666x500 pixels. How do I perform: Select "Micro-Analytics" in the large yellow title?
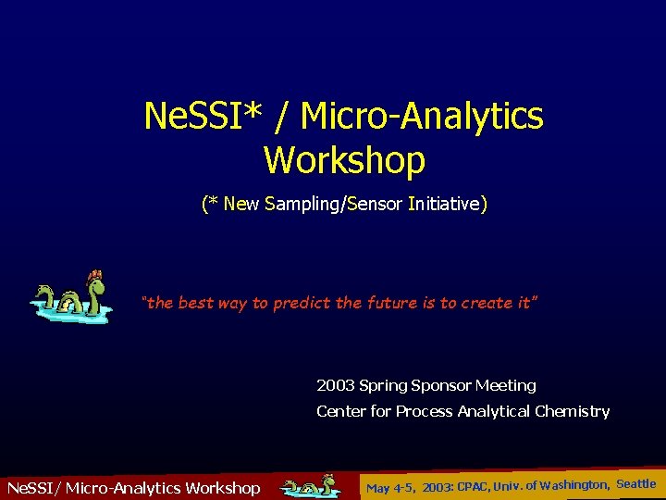pos(423,118)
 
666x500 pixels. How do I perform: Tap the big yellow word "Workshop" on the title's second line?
pos(344,160)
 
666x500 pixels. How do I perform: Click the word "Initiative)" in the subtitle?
pos(447,204)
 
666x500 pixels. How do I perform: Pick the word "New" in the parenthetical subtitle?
pos(241,204)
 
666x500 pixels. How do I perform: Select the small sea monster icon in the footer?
pos(309,486)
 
